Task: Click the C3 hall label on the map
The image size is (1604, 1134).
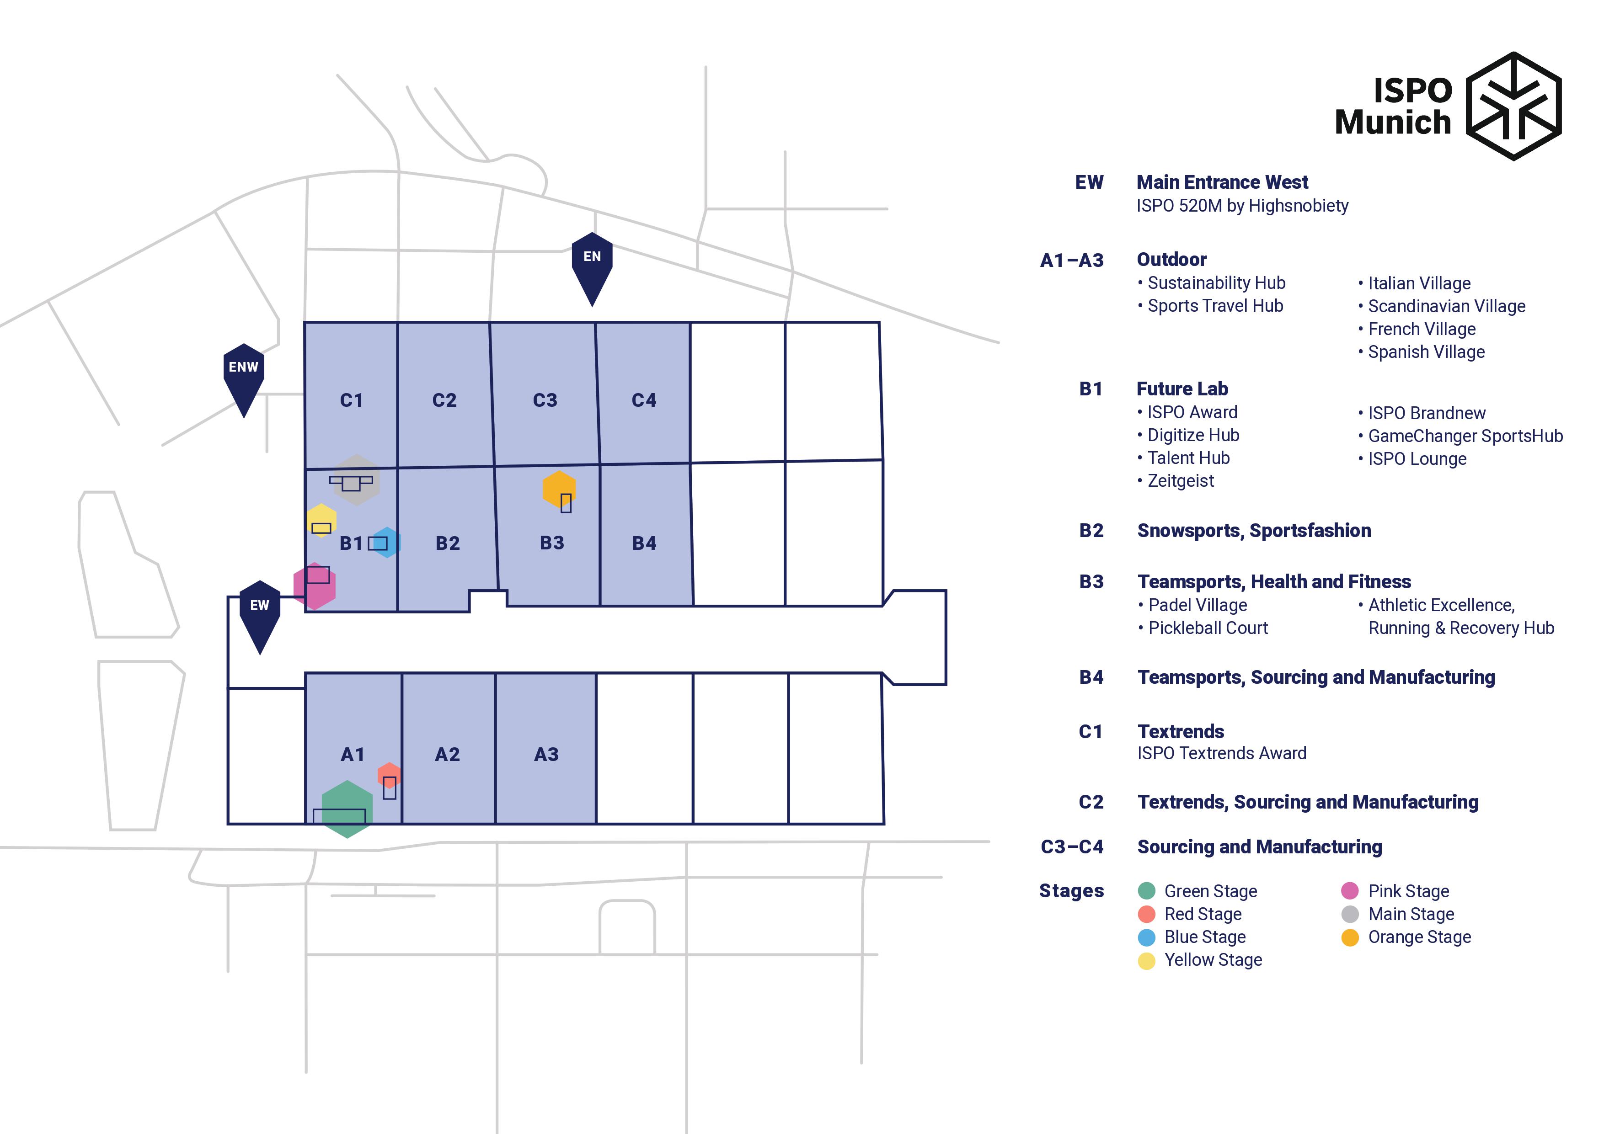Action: pyautogui.click(x=545, y=400)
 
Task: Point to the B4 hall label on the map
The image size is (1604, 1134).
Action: pyautogui.click(x=644, y=543)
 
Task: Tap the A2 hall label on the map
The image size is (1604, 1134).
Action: pyautogui.click(x=447, y=754)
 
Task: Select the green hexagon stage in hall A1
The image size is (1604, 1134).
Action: pyautogui.click(x=347, y=809)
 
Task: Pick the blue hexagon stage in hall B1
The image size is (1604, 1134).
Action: pyautogui.click(x=386, y=543)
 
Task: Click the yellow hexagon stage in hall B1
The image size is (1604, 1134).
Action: pyautogui.click(x=321, y=520)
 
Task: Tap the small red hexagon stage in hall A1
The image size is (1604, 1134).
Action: pyautogui.click(x=389, y=775)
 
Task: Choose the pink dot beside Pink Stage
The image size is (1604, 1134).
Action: pyautogui.click(x=1350, y=891)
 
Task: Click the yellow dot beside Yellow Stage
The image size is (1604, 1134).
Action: pyautogui.click(x=1146, y=961)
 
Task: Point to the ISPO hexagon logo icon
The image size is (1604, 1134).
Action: pyautogui.click(x=1513, y=106)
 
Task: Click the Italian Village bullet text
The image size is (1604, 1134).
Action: pyautogui.click(x=1419, y=283)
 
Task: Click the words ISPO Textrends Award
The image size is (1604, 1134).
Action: pyautogui.click(x=1222, y=753)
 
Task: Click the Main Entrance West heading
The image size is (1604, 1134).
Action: pyautogui.click(x=1222, y=182)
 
